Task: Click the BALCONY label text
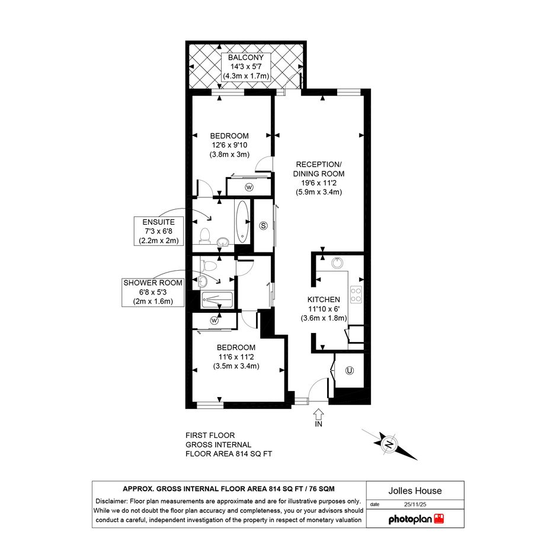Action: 246,57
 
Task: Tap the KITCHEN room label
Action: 324,300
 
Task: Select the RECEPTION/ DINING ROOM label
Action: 319,169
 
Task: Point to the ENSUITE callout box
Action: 159,231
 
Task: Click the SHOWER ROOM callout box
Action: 153,292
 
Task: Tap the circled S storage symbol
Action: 263,225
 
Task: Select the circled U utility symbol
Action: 349,371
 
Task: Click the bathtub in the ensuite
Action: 242,222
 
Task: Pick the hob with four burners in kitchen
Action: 356,295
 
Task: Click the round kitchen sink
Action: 337,263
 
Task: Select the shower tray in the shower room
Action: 217,299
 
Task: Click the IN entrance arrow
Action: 318,415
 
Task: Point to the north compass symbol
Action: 389,444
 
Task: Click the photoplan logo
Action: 416,519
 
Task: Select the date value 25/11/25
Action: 415,505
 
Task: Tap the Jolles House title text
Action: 415,491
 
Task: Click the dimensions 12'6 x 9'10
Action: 229,145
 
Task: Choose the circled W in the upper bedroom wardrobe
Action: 249,187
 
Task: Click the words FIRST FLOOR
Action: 210,436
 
